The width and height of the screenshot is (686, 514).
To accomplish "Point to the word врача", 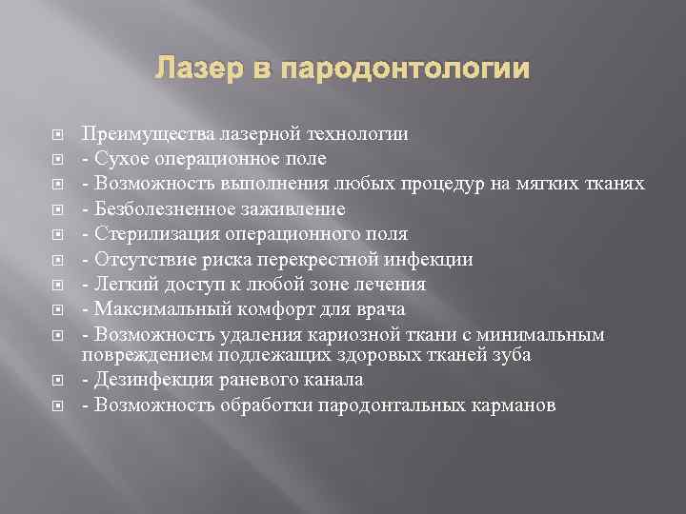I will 381,308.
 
